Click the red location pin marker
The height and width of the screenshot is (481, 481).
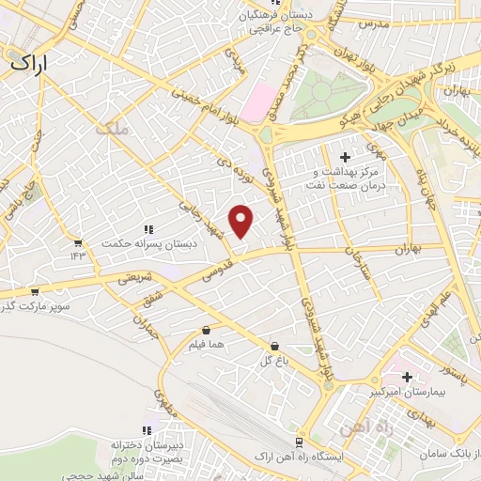coord(242,221)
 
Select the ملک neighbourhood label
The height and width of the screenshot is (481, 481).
coord(111,129)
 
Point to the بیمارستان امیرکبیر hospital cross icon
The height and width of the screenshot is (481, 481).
coord(407,377)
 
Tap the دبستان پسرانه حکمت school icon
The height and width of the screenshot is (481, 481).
coord(147,228)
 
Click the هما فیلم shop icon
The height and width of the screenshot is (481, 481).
coord(207,330)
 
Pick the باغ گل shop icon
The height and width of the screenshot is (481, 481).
coord(274,346)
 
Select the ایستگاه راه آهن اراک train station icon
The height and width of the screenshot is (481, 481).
coord(299,442)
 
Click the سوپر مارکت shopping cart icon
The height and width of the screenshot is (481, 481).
coord(35,292)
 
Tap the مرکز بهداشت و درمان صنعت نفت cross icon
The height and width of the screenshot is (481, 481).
coord(345,156)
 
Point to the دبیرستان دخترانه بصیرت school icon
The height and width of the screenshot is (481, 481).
coord(146,429)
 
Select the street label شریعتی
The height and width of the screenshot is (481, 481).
coord(132,279)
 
